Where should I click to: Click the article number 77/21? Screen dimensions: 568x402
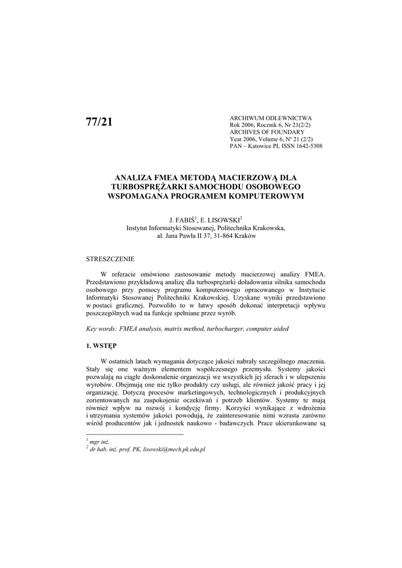click(99, 123)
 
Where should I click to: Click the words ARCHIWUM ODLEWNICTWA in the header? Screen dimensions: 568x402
click(270, 118)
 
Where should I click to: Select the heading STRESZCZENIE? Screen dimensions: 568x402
click(110, 259)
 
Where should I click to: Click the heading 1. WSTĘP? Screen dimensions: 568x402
click(101, 345)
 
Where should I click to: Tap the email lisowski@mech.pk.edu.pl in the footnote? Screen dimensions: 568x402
click(174, 449)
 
